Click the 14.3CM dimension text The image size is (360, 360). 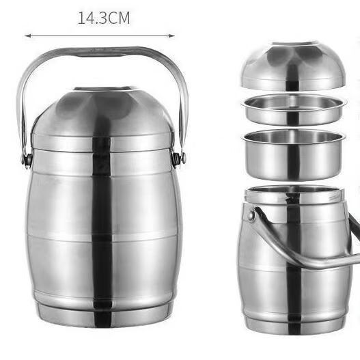104,18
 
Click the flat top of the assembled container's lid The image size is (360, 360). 103,89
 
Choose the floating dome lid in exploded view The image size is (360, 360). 293,67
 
